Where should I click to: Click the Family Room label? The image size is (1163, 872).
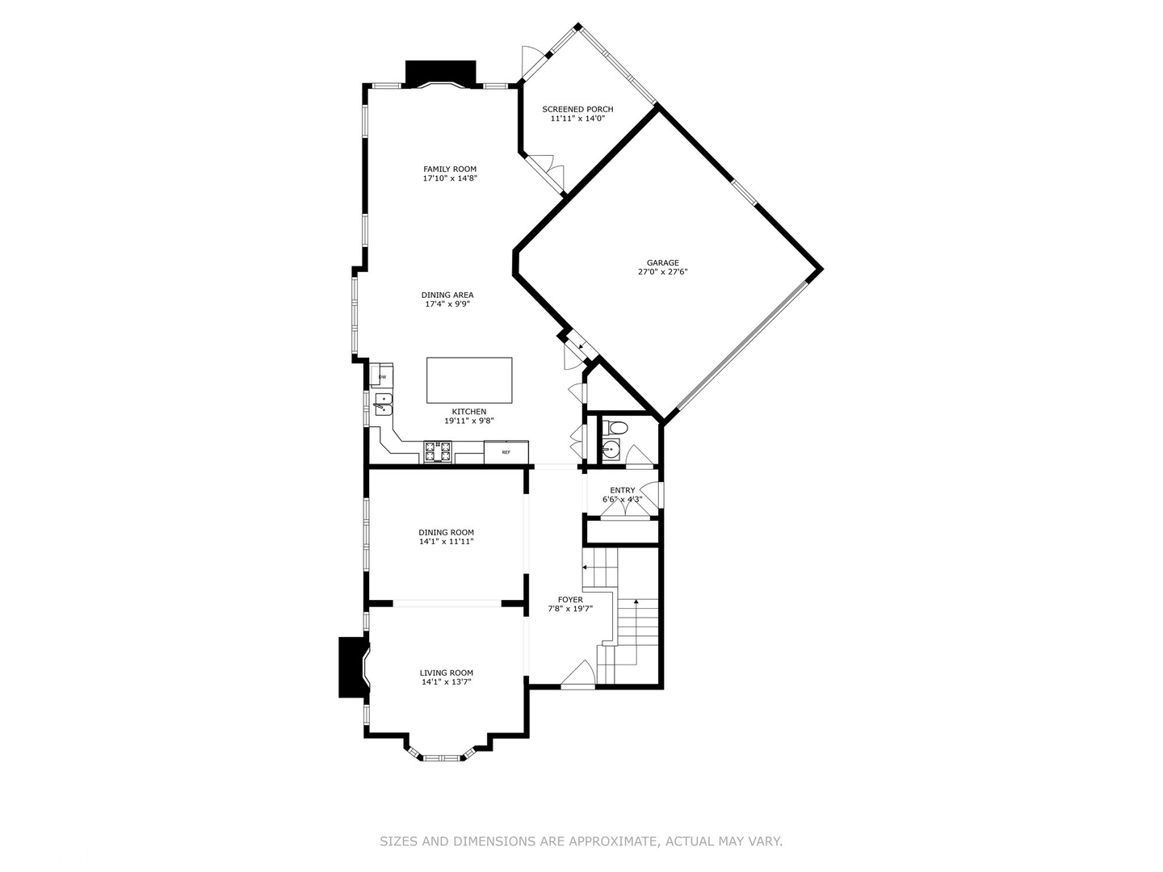(449, 170)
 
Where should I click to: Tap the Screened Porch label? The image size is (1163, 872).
(577, 109)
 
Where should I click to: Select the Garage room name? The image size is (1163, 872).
(662, 262)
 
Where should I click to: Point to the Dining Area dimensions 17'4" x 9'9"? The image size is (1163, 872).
(447, 304)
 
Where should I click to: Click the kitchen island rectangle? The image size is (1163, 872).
(469, 380)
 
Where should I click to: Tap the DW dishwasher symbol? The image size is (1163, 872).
(381, 375)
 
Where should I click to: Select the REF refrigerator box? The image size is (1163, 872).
(506, 451)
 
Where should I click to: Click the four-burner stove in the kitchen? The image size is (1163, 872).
(438, 452)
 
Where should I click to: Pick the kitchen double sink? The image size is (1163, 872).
(383, 405)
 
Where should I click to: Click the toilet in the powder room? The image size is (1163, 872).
(616, 427)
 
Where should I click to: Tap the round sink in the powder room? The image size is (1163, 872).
(611, 450)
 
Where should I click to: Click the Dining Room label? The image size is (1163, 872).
(446, 533)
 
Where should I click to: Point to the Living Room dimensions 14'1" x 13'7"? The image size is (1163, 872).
(446, 682)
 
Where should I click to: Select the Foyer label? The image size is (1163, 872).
(570, 599)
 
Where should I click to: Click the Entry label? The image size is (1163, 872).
(622, 490)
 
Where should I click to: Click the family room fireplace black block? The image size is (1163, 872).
(441, 73)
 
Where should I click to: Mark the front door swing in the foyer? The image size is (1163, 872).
(578, 673)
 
